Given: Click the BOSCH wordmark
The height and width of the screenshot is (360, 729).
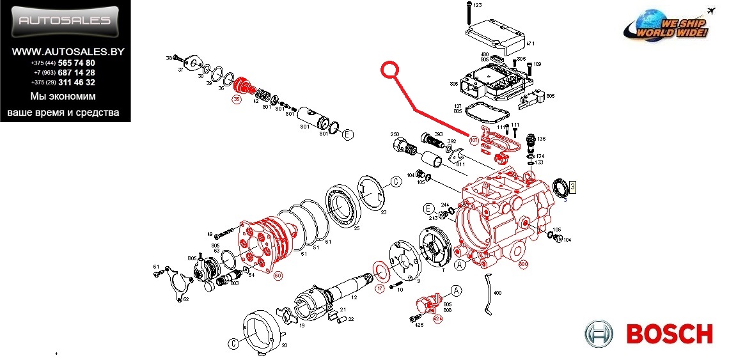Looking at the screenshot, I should point(669,334).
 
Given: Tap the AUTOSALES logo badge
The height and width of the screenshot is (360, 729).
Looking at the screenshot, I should point(65,20).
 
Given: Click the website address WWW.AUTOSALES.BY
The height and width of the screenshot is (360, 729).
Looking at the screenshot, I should point(65,51).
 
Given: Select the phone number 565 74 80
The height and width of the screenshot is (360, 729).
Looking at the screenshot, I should point(77,63).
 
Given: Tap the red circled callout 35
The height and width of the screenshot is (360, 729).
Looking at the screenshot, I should point(237,100).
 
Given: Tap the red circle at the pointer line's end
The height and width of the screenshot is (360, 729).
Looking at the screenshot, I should point(390,70).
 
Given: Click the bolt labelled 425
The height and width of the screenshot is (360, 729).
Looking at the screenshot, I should point(416,316).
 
